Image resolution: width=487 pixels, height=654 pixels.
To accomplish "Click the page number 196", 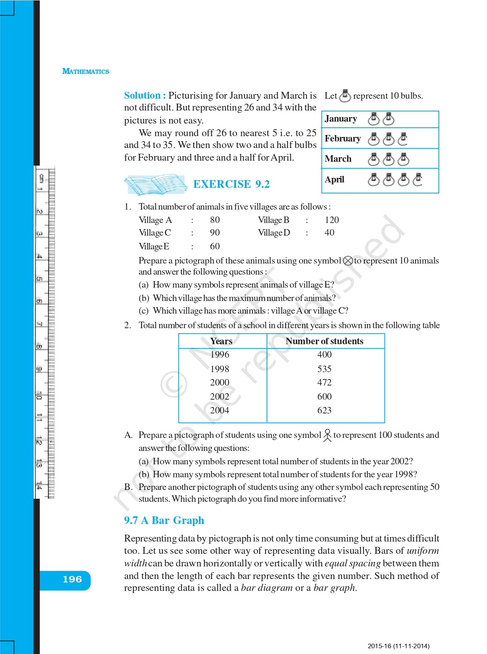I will click(x=72, y=579).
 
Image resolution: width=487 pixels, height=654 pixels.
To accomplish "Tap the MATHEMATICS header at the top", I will click(x=86, y=72).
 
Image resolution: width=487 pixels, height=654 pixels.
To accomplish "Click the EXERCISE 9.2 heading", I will click(x=231, y=184).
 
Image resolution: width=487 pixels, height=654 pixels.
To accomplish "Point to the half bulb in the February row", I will click(x=403, y=139).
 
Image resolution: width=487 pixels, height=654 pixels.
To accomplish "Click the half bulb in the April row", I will click(x=418, y=179).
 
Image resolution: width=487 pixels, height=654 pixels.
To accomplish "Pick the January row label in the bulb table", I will click(x=341, y=119).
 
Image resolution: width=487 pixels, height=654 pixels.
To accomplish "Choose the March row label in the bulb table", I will click(x=338, y=159).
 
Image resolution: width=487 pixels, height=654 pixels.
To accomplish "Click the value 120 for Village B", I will click(x=332, y=220).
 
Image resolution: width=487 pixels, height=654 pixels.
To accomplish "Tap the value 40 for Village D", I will click(x=329, y=233).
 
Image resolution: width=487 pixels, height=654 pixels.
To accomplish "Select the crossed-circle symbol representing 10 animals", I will click(x=348, y=261).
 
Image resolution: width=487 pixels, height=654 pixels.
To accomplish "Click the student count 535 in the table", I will click(x=324, y=369).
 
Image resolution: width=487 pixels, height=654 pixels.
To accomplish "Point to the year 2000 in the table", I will click(x=220, y=382).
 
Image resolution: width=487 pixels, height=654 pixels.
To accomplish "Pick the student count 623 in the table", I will click(x=324, y=410).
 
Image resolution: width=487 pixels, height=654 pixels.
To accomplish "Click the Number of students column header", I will click(x=324, y=341).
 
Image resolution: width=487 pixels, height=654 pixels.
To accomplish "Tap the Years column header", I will click(x=221, y=341).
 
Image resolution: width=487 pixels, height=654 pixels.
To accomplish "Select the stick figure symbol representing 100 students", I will click(x=327, y=435).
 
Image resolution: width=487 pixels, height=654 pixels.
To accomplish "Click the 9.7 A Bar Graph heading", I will click(x=164, y=521).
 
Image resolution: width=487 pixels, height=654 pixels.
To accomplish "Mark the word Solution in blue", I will click(x=142, y=96).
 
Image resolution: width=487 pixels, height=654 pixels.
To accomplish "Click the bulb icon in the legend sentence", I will click(x=345, y=96).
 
